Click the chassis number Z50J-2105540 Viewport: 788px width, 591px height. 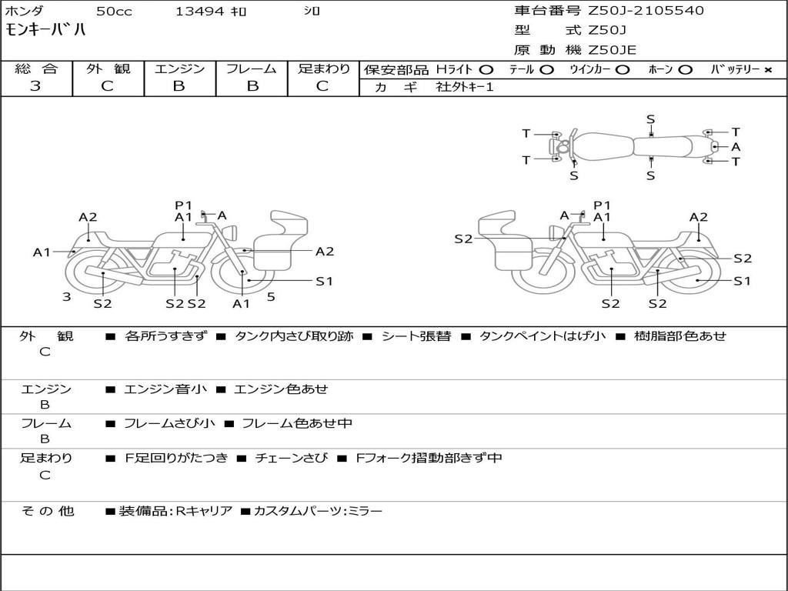point(646,11)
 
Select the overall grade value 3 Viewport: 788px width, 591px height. point(35,86)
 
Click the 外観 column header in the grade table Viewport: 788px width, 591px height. point(108,68)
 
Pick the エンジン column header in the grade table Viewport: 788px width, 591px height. point(179,68)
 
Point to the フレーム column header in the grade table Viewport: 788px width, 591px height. point(251,68)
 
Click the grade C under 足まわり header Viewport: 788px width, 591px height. point(322,86)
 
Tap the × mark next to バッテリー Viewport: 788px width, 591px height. point(767,69)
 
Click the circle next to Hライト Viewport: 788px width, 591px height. point(486,69)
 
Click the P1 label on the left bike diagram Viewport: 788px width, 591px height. point(183,205)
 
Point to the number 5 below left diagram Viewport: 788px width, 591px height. point(271,296)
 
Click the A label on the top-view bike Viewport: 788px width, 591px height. point(736,146)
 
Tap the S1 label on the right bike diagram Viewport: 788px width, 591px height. point(742,281)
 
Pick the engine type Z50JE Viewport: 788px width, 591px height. point(613,50)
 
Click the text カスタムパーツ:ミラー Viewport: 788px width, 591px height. point(317,511)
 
